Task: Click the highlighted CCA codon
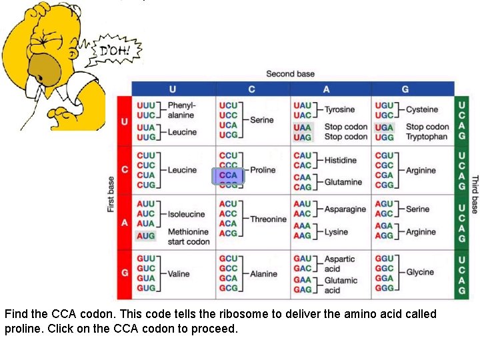(228, 175)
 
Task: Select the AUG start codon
(145, 235)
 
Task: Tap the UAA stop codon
(302, 127)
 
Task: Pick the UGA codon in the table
(384, 127)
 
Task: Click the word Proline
(263, 170)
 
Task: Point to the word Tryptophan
(427, 137)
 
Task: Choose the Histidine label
(340, 160)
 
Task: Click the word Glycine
(420, 272)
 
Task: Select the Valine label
(179, 273)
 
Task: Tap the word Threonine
(268, 219)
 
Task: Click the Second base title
(291, 74)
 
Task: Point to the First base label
(111, 194)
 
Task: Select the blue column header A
(327, 89)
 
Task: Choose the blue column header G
(405, 89)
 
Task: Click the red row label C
(124, 170)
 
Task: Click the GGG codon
(384, 288)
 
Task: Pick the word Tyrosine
(339, 110)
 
